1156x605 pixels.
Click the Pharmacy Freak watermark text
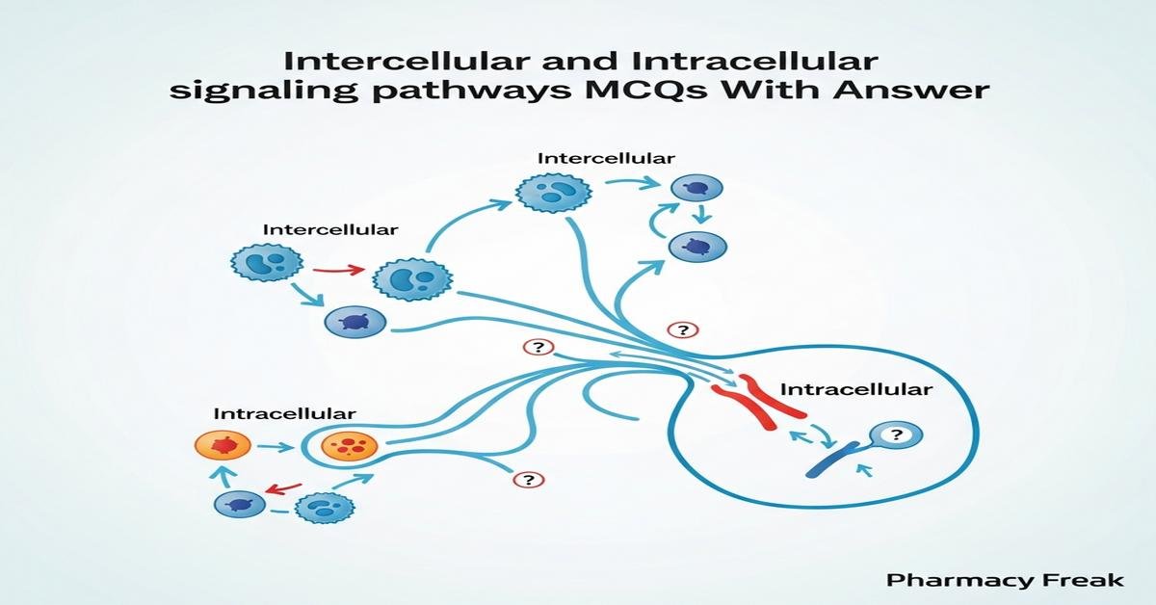(x=1005, y=580)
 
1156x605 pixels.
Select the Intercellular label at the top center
(x=606, y=157)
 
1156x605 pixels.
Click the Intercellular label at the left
(x=329, y=231)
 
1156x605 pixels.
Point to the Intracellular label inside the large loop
(x=855, y=390)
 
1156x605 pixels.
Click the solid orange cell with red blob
(x=223, y=445)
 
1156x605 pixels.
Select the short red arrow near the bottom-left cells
(x=279, y=488)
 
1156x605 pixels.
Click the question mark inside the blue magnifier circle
(x=896, y=435)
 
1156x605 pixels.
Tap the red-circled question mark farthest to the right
(x=682, y=330)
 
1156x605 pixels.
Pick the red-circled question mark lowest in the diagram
(x=527, y=479)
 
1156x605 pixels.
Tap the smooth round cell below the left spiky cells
(x=355, y=322)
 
